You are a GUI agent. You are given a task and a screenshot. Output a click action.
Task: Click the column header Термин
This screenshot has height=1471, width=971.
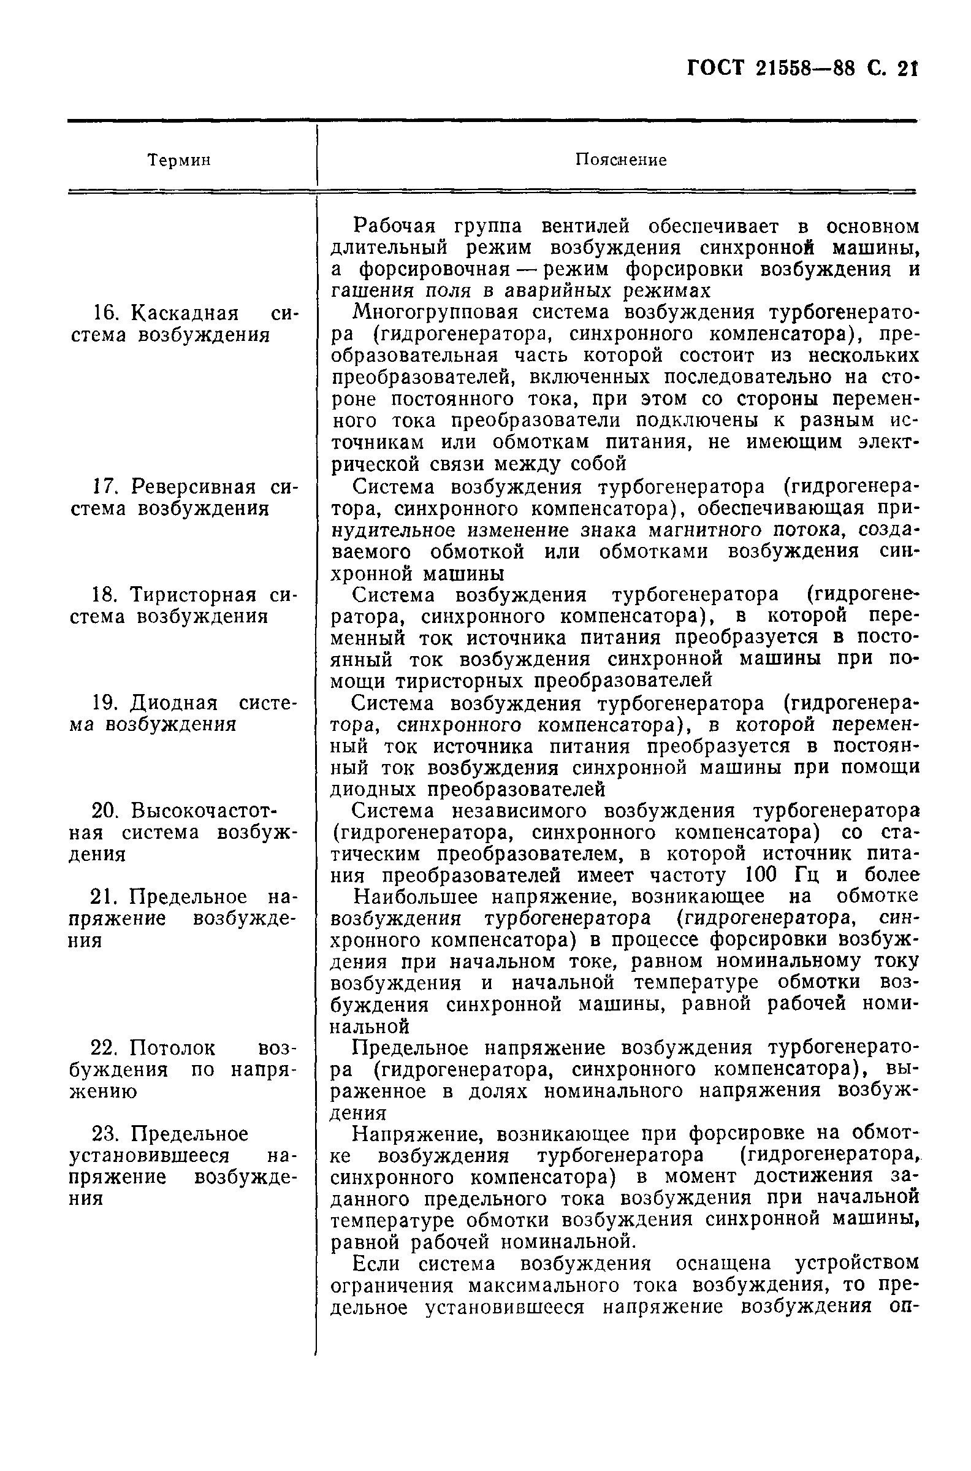coord(179,161)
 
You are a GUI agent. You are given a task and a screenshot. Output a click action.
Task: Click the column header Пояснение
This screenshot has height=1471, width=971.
coord(620,161)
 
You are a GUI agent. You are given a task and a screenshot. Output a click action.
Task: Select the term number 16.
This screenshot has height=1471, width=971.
coord(107,313)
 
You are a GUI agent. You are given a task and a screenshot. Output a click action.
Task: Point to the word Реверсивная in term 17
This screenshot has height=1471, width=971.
coord(194,487)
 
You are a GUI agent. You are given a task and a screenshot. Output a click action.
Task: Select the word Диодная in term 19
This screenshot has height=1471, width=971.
coord(175,703)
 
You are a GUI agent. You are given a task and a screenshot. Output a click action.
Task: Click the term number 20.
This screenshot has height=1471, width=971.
coord(107,811)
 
